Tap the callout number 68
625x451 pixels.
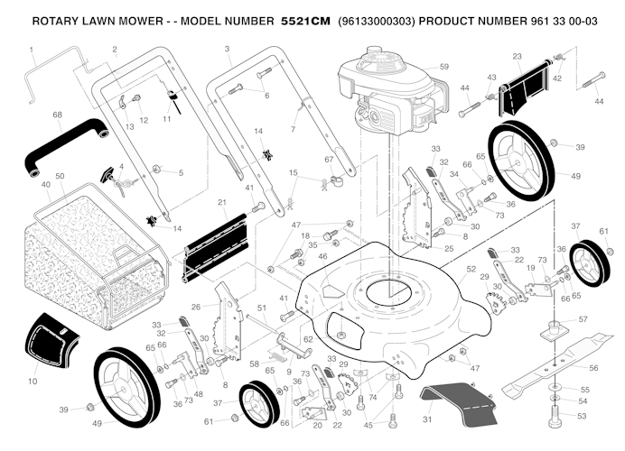pyautogui.click(x=58, y=115)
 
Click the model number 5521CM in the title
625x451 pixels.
pyautogui.click(x=305, y=21)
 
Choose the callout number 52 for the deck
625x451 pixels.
pyautogui.click(x=471, y=269)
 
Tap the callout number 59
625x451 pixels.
pyautogui.click(x=444, y=67)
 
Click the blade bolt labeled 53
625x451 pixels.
pyautogui.click(x=555, y=417)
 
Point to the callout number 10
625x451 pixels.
pyautogui.click(x=33, y=382)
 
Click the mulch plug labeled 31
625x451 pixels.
pyautogui.click(x=459, y=402)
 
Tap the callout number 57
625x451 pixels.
pyautogui.click(x=583, y=319)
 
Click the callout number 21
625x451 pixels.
pyautogui.click(x=222, y=203)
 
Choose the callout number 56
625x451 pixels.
pyautogui.click(x=593, y=368)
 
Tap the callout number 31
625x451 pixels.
pyautogui.click(x=427, y=419)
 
